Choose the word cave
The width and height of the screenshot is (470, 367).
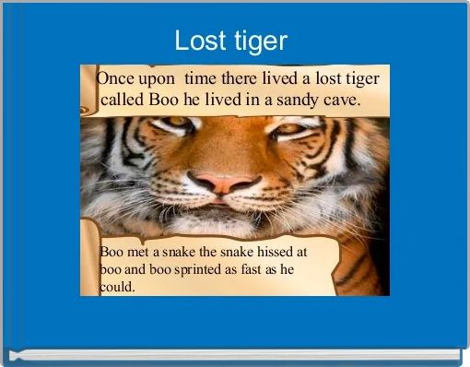point(341,100)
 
